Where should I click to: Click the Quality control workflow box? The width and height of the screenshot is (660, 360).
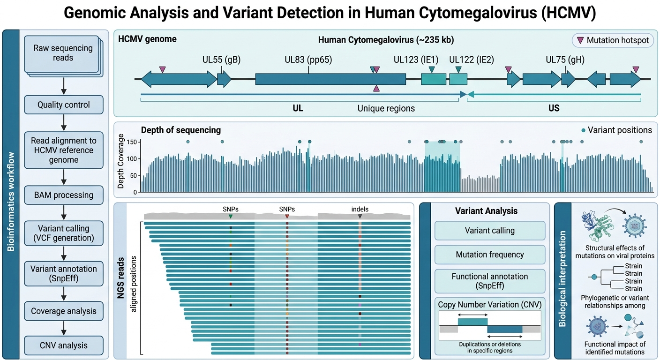pos(64,105)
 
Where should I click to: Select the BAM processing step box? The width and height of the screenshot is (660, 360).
pos(64,195)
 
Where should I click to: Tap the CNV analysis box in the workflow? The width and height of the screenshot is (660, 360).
pos(64,345)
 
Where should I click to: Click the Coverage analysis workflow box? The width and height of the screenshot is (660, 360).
pos(64,311)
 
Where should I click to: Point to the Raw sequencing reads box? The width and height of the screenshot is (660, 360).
pos(63,53)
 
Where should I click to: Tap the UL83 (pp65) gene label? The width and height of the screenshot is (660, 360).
pos(308,60)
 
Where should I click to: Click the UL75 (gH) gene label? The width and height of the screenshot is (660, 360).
pos(565,60)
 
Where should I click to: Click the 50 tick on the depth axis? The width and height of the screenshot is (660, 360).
pos(134,175)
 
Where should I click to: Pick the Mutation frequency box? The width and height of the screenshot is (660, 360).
pos(490,255)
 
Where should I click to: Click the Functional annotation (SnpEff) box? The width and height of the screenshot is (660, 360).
pos(490,281)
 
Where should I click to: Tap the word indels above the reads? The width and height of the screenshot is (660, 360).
pos(360,209)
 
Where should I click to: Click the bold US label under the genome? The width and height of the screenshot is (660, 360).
pos(554,108)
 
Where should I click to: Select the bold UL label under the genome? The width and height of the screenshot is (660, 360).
pos(298,108)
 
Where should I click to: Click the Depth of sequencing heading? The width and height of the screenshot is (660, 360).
pos(181,130)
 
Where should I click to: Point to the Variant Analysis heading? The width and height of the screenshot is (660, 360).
pos(486,210)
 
